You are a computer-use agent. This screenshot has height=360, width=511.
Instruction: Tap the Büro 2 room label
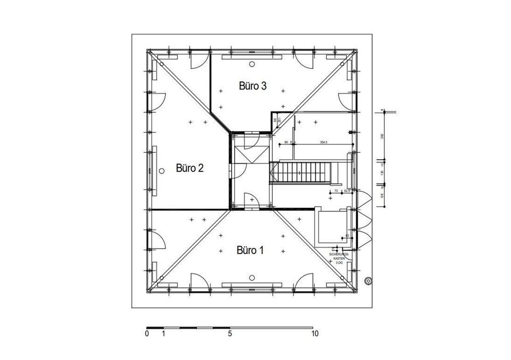pyautogui.click(x=189, y=168)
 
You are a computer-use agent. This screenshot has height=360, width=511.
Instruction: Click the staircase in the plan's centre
pyautogui.click(x=301, y=173)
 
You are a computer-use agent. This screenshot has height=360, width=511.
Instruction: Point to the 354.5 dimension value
pyautogui.click(x=324, y=142)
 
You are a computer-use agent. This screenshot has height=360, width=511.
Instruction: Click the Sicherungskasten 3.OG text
pyautogui.click(x=339, y=259)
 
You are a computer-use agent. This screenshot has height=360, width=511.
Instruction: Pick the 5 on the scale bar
pyautogui.click(x=230, y=334)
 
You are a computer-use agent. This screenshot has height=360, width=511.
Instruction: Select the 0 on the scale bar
pyautogui.click(x=146, y=334)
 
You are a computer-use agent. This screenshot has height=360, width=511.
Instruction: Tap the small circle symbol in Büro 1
pyautogui.click(x=252, y=277)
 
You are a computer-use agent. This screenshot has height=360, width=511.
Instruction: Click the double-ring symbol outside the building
pyautogui.click(x=367, y=281)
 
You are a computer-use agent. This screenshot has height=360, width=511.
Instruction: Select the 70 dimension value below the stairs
pyautogui.click(x=336, y=191)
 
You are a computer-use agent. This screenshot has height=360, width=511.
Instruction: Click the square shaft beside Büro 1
pyautogui.click(x=329, y=227)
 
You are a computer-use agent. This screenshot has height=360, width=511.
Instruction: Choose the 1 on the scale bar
pyautogui.click(x=163, y=334)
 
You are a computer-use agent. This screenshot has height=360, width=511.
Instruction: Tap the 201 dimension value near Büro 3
pyautogui.click(x=278, y=120)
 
